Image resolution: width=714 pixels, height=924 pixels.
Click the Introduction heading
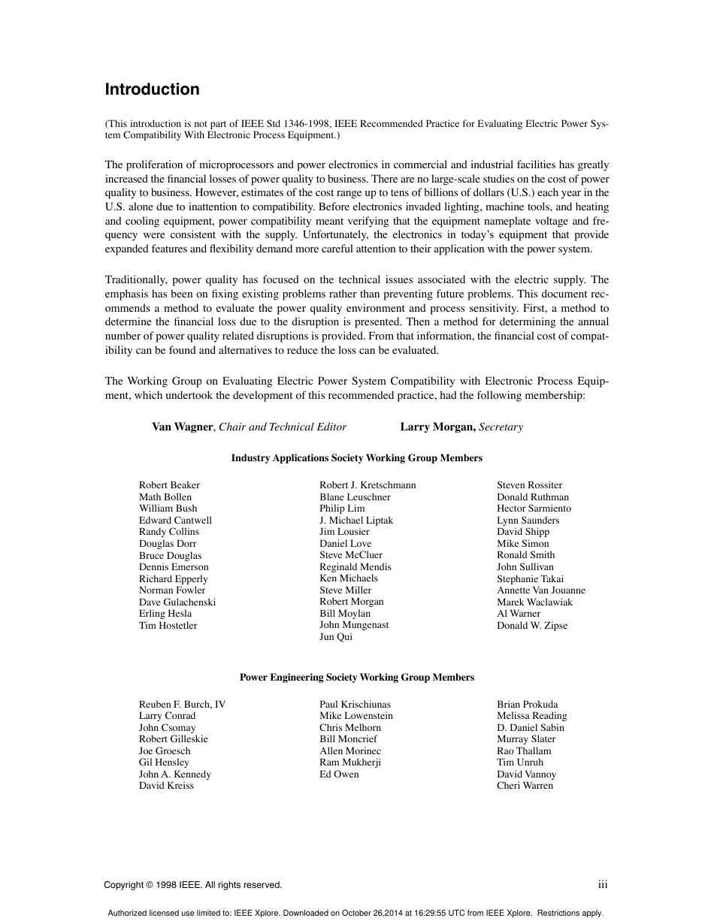pos(152,89)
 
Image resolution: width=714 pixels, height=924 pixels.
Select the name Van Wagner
pos(183,427)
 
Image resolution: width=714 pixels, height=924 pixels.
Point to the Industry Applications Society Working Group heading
pos(356,457)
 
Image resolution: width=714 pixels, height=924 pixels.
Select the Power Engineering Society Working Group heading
pos(356,677)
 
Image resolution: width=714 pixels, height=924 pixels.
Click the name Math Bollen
pos(165,497)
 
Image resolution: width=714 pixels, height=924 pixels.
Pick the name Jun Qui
pos(336,637)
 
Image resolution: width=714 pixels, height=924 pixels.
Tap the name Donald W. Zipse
pos(532,625)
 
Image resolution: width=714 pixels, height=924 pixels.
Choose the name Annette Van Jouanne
pos(540,590)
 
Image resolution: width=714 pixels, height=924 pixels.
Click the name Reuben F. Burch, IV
pos(182,705)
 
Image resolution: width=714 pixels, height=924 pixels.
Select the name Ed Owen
pos(339,775)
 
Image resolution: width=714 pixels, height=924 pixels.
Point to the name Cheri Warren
pos(525,786)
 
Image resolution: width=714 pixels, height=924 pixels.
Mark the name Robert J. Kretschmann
pos(368,485)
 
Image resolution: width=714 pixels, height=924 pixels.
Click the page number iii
pos(603,885)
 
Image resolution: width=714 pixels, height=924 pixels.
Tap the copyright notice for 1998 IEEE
pos(193,885)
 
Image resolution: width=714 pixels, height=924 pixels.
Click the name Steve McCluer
pos(351,555)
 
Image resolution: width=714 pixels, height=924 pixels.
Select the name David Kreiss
pos(166,786)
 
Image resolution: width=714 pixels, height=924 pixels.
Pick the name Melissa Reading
pos(531,716)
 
